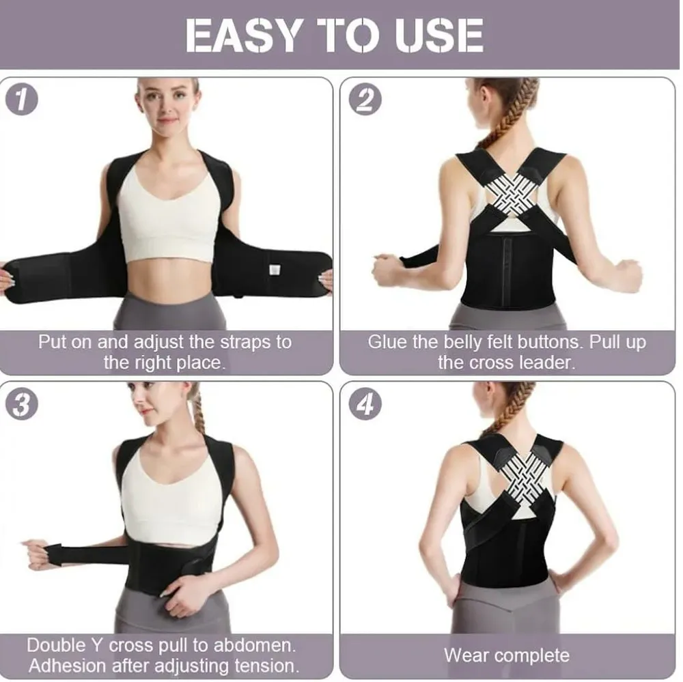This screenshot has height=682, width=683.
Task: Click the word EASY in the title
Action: (242, 35)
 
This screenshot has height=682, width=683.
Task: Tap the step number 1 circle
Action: (21, 99)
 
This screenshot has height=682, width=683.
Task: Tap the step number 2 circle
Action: (365, 99)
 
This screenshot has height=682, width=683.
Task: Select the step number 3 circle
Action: (21, 403)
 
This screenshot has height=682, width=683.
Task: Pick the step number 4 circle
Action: (365, 403)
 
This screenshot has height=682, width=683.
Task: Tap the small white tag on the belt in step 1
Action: (275, 270)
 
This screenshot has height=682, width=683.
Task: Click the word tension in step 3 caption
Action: (266, 666)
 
